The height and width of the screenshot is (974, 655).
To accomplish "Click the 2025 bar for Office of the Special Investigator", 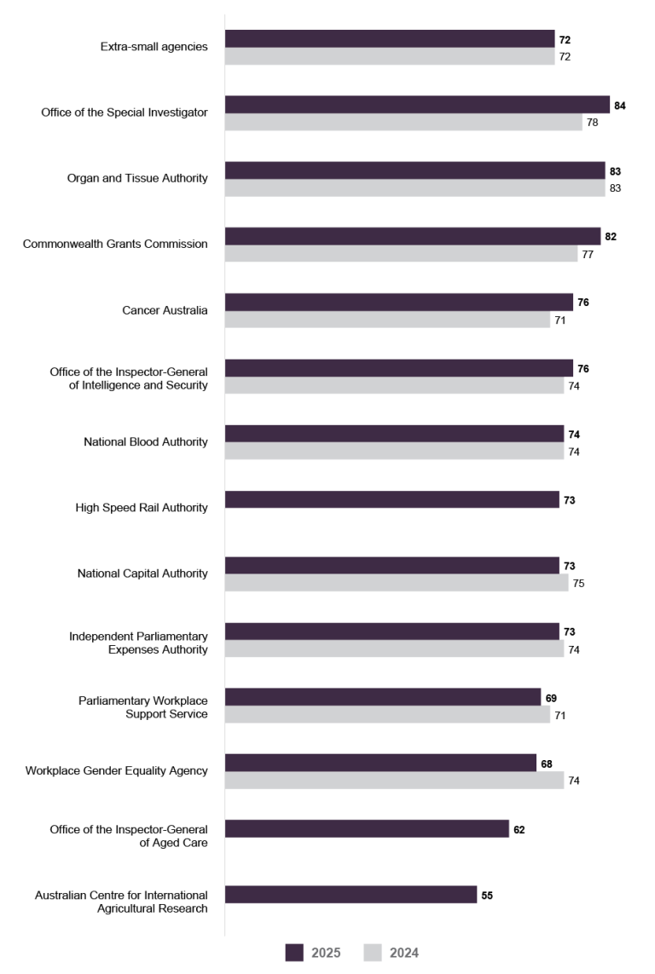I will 417,105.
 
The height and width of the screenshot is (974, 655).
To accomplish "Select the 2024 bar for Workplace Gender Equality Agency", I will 394,781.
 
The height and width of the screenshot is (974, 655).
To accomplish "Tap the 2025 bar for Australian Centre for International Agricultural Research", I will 351,895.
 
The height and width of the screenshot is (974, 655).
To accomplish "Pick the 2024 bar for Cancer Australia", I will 387,320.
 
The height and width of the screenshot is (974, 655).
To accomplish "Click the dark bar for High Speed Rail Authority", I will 391,500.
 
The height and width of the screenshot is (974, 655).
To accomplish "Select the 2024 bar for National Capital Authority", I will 397,584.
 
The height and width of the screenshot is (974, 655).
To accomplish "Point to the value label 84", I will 620,106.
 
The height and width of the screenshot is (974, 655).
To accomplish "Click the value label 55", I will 487,896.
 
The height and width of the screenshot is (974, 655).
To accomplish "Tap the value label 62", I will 519,829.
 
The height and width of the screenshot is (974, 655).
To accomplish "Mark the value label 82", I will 611,237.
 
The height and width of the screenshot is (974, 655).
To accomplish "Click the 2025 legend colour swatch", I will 294,953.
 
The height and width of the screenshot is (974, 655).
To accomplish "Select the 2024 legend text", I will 404,954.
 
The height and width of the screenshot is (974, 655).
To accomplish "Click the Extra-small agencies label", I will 154,47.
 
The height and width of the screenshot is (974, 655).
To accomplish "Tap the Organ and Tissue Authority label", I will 137,178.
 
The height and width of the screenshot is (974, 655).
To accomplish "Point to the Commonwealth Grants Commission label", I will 115,244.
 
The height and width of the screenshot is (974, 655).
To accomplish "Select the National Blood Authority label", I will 145,441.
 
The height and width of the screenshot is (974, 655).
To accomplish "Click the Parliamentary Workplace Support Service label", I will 142,706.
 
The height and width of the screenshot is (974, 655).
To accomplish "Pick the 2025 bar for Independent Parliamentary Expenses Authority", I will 391,631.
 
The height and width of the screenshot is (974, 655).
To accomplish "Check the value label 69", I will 551,698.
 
